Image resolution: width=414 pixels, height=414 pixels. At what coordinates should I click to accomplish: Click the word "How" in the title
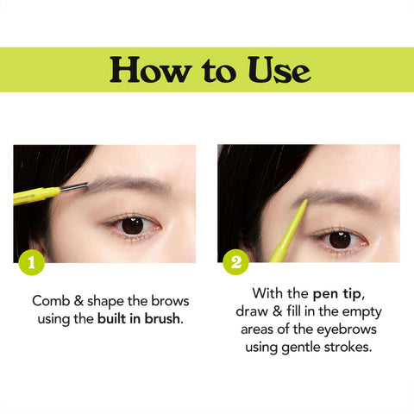click(145, 70)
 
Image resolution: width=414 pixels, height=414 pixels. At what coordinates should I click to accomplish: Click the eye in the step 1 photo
click(131, 224)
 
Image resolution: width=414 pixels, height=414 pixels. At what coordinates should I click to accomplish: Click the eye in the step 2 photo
click(339, 238)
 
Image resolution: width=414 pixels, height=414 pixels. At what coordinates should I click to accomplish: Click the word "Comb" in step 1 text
click(52, 302)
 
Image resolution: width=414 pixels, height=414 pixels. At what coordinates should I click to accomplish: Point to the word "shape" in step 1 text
click(108, 302)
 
